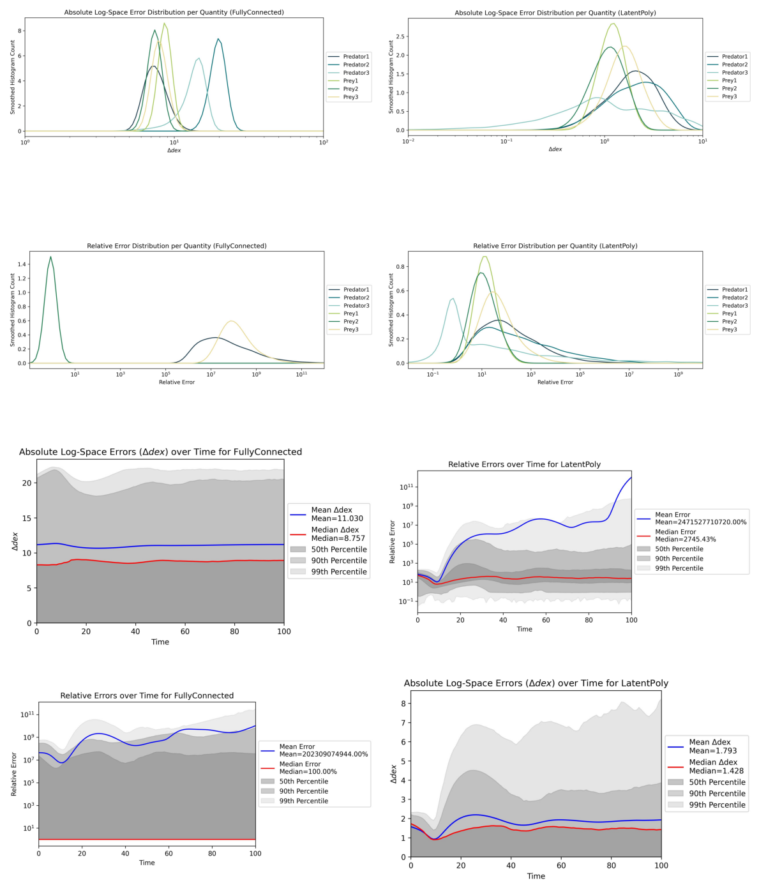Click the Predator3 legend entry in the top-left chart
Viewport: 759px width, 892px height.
coord(356,73)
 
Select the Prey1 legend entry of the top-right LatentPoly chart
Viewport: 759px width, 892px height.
coord(734,80)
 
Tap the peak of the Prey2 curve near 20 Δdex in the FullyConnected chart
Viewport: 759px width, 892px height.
coord(218,39)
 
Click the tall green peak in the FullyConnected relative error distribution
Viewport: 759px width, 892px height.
coord(50,257)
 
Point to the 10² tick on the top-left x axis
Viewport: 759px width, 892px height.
coord(323,142)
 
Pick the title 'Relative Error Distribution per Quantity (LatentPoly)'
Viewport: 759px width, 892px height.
coord(555,246)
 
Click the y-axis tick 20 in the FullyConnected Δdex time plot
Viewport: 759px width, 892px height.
coord(27,483)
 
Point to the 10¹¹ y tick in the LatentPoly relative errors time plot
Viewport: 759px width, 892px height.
coord(405,487)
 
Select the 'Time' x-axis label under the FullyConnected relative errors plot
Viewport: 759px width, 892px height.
coord(147,863)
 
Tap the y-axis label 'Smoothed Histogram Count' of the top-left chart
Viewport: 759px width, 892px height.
coord(12,77)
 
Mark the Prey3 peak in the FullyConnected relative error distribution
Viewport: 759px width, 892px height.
coord(231,321)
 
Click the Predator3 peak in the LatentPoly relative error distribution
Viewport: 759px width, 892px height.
coord(453,298)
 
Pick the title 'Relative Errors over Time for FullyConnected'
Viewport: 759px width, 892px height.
coord(147,695)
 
